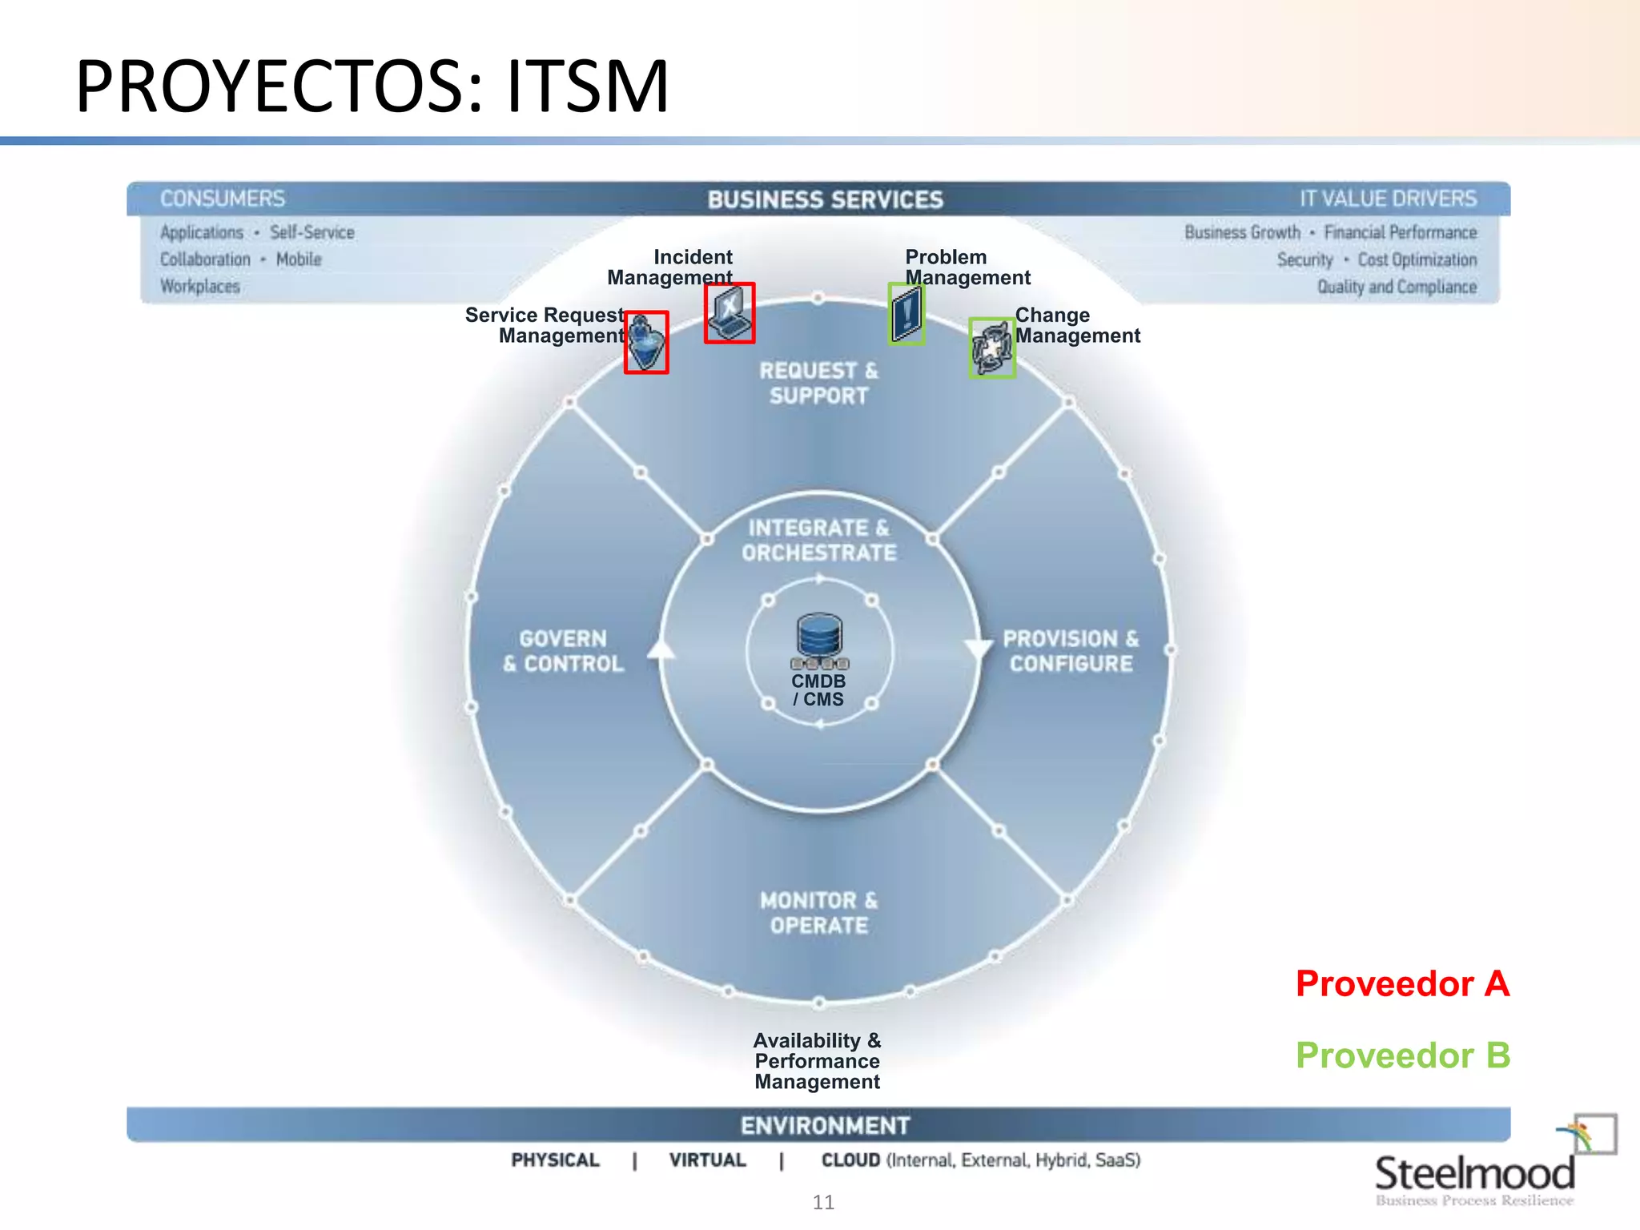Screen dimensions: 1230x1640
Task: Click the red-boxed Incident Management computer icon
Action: (x=730, y=313)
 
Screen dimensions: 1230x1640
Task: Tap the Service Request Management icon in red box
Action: (x=646, y=343)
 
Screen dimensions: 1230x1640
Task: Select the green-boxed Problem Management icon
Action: (x=906, y=314)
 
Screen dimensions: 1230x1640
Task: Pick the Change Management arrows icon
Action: (x=992, y=348)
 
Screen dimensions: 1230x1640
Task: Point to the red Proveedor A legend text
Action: (x=1402, y=983)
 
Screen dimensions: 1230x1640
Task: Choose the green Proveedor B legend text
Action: (x=1402, y=1055)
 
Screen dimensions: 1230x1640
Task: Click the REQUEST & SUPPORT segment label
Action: (x=818, y=383)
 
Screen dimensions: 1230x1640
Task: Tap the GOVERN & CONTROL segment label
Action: (x=563, y=651)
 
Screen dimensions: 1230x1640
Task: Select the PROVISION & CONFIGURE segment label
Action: (x=1071, y=651)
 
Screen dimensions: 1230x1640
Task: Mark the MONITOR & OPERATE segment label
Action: (x=818, y=913)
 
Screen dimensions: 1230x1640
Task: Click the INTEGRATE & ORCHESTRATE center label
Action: (x=818, y=541)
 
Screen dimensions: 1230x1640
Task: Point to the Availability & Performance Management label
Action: (x=817, y=1061)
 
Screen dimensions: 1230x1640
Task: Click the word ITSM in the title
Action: (x=587, y=86)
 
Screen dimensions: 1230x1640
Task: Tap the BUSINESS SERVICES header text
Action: (x=825, y=199)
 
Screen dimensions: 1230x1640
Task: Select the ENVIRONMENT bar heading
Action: (x=825, y=1125)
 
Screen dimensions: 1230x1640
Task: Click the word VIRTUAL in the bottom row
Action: (x=707, y=1160)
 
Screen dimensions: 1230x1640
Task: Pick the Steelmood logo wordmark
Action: (x=1474, y=1174)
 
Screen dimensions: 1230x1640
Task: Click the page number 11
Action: (x=823, y=1202)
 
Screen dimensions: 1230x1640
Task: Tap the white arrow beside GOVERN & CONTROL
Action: (x=661, y=649)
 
